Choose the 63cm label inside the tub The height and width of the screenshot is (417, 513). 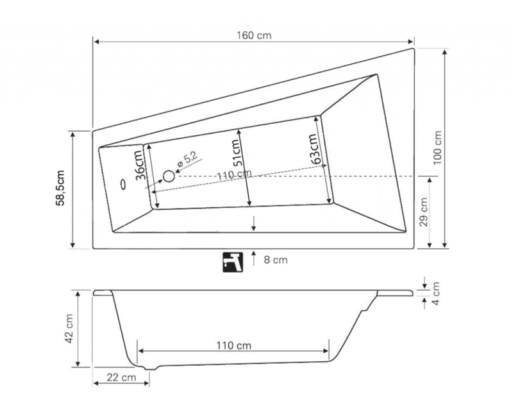click(x=314, y=149)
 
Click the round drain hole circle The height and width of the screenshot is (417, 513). click(x=169, y=176)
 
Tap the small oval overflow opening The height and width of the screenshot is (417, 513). click(x=123, y=183)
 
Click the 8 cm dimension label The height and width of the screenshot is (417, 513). click(x=276, y=260)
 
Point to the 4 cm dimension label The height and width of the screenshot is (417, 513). click(x=437, y=293)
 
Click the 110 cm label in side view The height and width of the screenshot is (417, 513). click(x=233, y=346)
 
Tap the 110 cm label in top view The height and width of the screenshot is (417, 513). click(x=233, y=175)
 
